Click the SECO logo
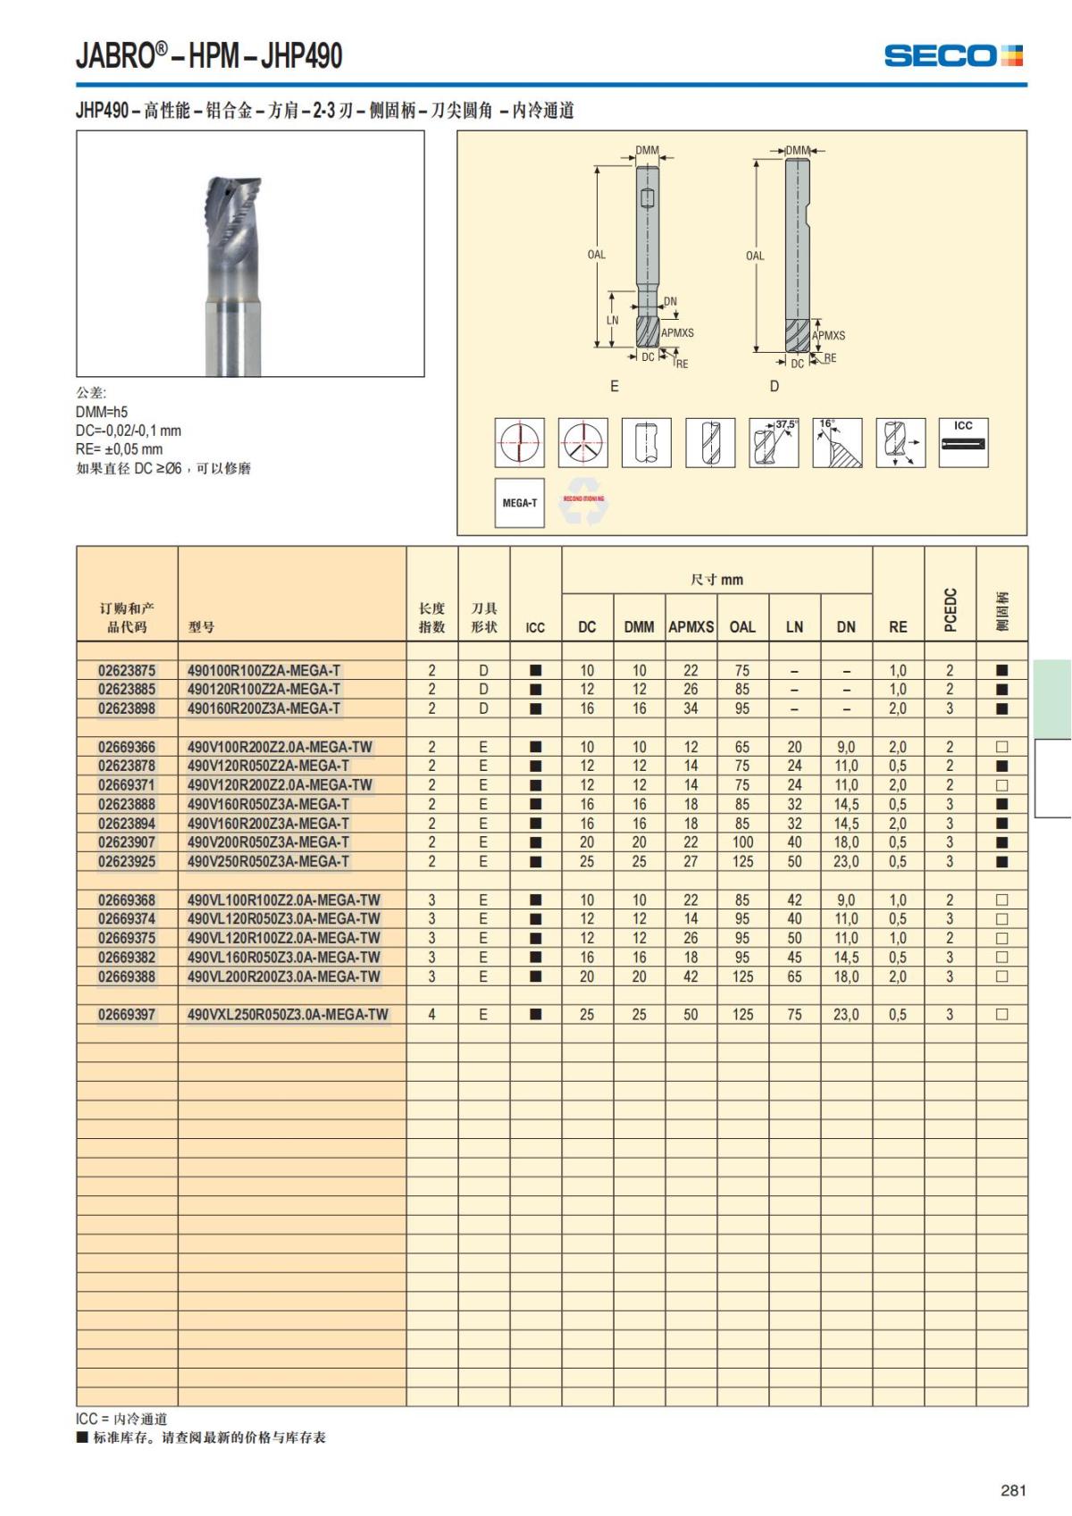click(x=953, y=55)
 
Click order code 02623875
click(x=127, y=670)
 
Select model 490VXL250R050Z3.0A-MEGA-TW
click(x=288, y=1015)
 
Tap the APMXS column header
click(x=691, y=627)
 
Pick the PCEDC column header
click(x=950, y=609)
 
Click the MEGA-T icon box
click(x=519, y=503)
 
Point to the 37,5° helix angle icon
click(x=774, y=442)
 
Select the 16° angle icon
click(x=837, y=442)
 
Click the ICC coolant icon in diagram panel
click(x=963, y=442)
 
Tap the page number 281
click(x=1013, y=1489)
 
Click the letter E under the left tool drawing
click(x=614, y=386)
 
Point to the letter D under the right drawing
click(x=774, y=386)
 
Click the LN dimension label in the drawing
click(x=612, y=320)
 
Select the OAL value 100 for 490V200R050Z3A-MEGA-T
click(x=742, y=842)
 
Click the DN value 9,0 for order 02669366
click(x=846, y=747)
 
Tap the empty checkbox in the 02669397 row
click(x=1001, y=1015)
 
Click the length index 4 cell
click(x=431, y=1015)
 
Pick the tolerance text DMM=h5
click(x=102, y=412)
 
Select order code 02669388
click(x=127, y=976)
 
